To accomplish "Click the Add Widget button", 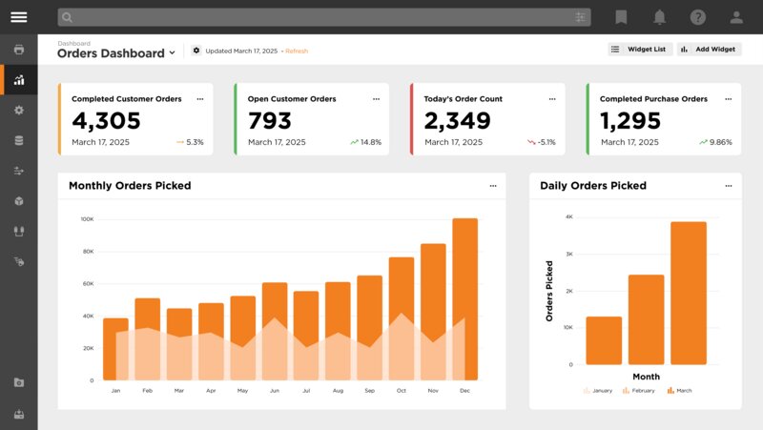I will [709, 50].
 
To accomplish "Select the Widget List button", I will [640, 50].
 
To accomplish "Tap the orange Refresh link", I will [297, 51].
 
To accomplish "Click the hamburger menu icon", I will [19, 17].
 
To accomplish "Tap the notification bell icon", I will [659, 17].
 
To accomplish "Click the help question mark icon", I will [698, 17].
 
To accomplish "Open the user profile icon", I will [736, 17].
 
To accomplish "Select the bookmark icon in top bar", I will [621, 17].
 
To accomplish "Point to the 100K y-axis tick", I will [87, 219].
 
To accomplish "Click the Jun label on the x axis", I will [275, 391].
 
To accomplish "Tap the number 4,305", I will [106, 121].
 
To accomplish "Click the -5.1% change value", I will [546, 142].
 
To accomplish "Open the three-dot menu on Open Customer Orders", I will [376, 98].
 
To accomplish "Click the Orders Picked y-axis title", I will [549, 290].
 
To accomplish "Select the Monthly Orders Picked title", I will [130, 186].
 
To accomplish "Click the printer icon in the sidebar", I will [19, 49].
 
